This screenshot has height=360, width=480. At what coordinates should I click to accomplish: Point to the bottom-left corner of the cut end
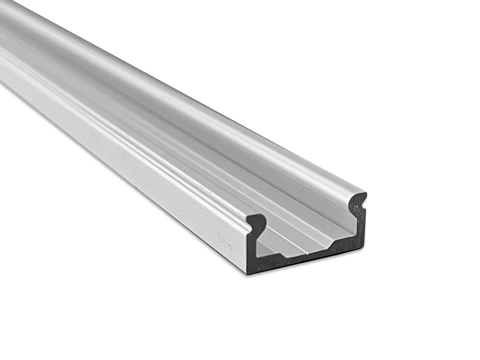248,273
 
